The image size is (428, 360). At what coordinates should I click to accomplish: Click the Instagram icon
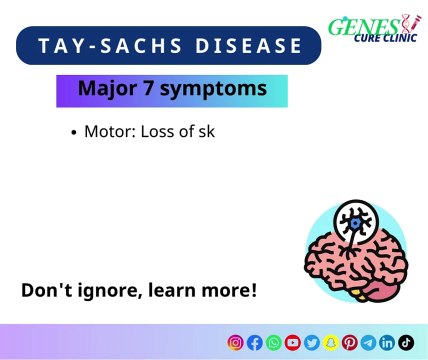pyautogui.click(x=236, y=342)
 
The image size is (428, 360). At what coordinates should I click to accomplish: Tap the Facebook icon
pyautogui.click(x=255, y=342)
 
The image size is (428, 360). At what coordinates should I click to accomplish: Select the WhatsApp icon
pyautogui.click(x=274, y=342)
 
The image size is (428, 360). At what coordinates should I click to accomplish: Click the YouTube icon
pyautogui.click(x=293, y=342)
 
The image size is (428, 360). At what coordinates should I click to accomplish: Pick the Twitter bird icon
pyautogui.click(x=312, y=342)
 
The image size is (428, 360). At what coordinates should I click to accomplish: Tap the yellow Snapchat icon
pyautogui.click(x=331, y=342)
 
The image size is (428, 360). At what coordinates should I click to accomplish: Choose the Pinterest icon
pyautogui.click(x=350, y=342)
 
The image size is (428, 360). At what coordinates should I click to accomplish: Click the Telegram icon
pyautogui.click(x=369, y=342)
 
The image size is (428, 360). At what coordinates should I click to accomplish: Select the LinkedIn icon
pyautogui.click(x=388, y=342)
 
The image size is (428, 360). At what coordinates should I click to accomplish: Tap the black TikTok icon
pyautogui.click(x=406, y=342)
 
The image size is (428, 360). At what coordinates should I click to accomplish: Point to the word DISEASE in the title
pyautogui.click(x=245, y=46)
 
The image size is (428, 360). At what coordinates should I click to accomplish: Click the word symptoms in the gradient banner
pyautogui.click(x=218, y=90)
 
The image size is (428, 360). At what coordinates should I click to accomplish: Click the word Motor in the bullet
pyautogui.click(x=105, y=131)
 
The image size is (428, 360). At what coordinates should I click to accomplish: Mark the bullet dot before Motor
pyautogui.click(x=75, y=132)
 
